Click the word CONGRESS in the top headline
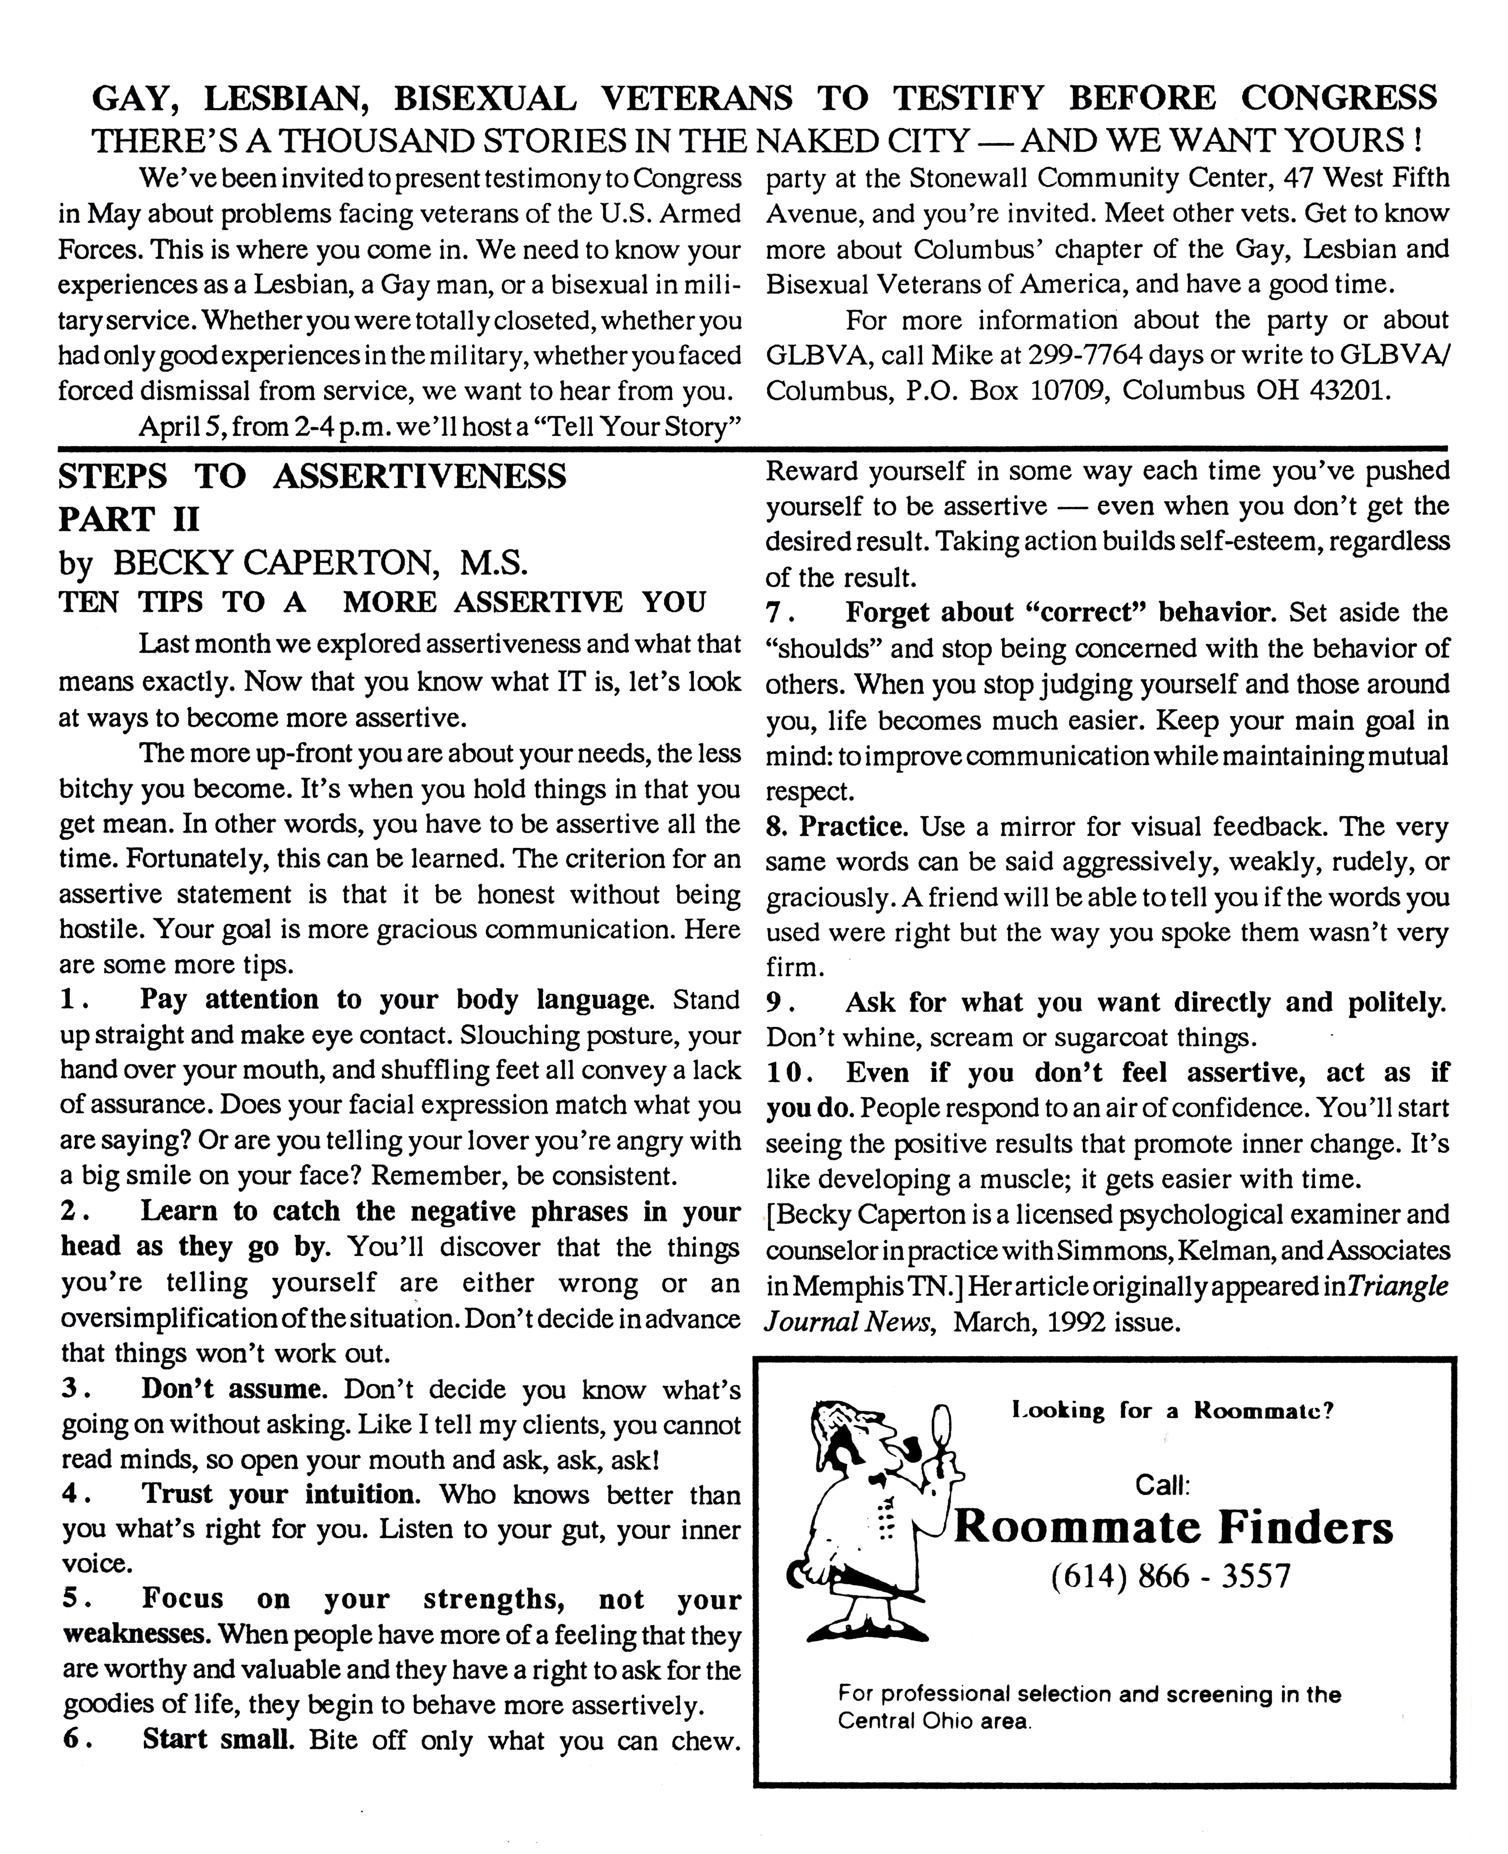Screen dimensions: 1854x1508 click(x=1338, y=98)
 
